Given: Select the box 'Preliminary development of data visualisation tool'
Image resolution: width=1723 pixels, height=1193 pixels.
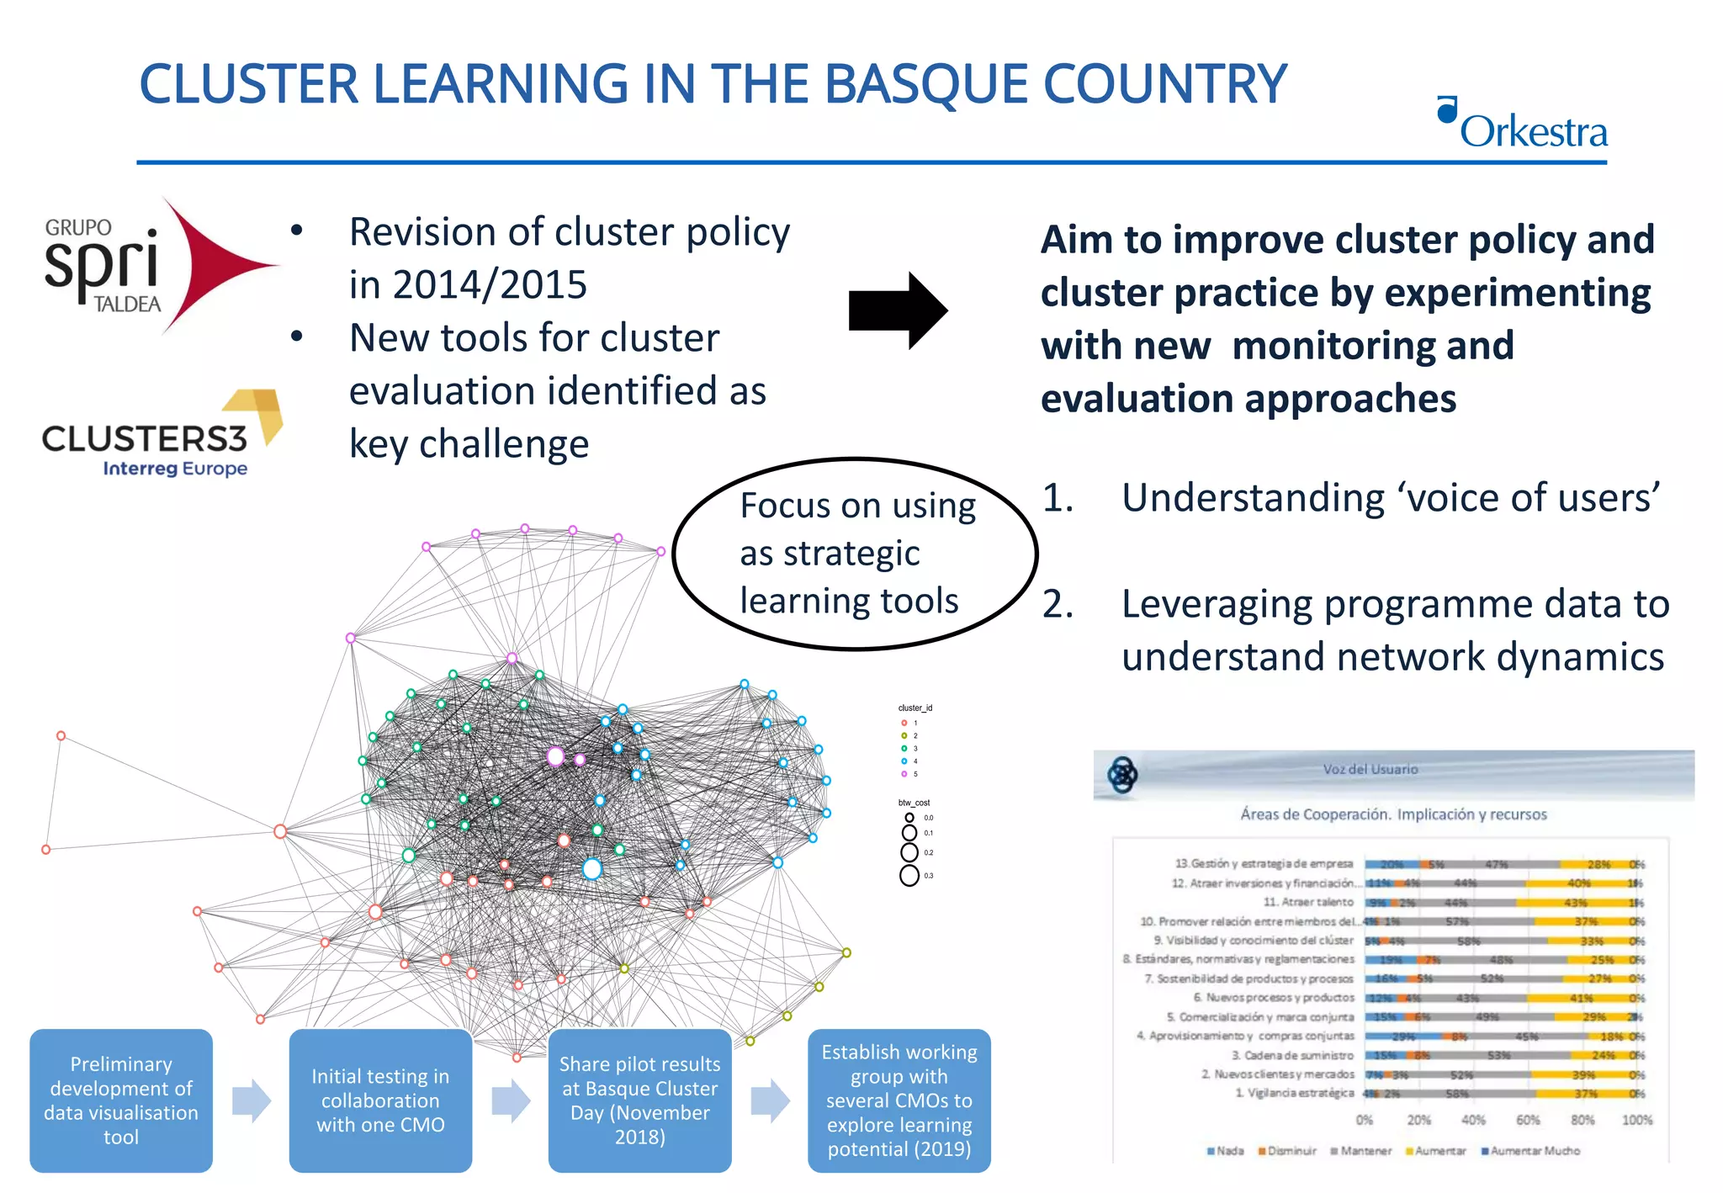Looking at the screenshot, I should click(121, 1100).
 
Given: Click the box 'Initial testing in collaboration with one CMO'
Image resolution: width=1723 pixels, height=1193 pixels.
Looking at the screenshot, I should click(380, 1100).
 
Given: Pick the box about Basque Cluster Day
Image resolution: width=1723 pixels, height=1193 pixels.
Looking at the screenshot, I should click(639, 1100).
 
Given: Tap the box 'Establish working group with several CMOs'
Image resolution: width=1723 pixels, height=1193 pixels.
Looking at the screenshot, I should click(899, 1100).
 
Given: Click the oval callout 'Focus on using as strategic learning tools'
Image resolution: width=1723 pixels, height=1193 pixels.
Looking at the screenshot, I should click(855, 554).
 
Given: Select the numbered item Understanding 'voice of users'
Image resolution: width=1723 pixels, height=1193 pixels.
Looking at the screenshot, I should click(1390, 497).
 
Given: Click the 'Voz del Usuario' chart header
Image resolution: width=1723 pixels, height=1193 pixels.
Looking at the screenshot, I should click(1370, 769).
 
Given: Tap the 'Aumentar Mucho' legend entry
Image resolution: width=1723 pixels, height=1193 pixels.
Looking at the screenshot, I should click(1533, 1150).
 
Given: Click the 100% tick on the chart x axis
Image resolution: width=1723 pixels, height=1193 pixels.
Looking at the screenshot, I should click(1636, 1120).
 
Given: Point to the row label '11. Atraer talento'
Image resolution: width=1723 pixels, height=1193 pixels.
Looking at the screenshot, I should click(1307, 902).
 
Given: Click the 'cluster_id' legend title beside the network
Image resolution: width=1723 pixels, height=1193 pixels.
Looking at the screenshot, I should click(915, 708).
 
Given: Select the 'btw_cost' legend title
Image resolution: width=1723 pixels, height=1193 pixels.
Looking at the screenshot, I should click(914, 803).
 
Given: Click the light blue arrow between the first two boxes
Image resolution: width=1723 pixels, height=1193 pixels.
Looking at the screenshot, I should click(251, 1100).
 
